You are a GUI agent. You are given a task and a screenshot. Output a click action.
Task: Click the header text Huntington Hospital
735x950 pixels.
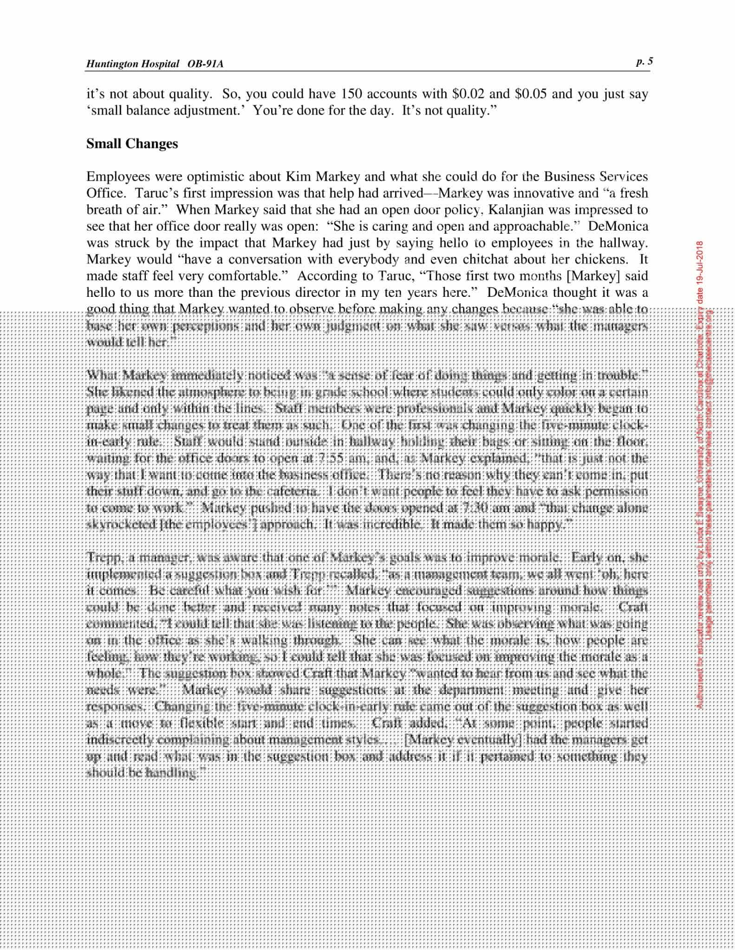coord(132,64)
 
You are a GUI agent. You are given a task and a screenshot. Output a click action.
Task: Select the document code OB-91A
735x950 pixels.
coord(205,64)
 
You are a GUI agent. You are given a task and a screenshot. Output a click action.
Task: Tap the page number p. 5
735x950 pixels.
coord(644,61)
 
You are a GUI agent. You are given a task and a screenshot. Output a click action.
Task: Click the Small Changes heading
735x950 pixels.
coord(132,144)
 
